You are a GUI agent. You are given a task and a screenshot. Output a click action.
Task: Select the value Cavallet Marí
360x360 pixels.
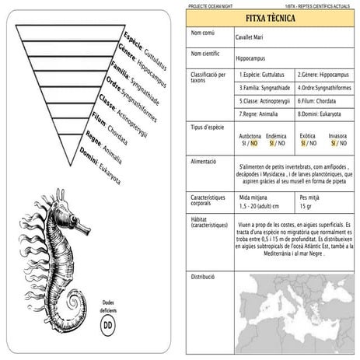point(250,36)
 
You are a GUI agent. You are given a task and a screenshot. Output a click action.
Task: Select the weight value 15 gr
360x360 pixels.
point(306,207)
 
